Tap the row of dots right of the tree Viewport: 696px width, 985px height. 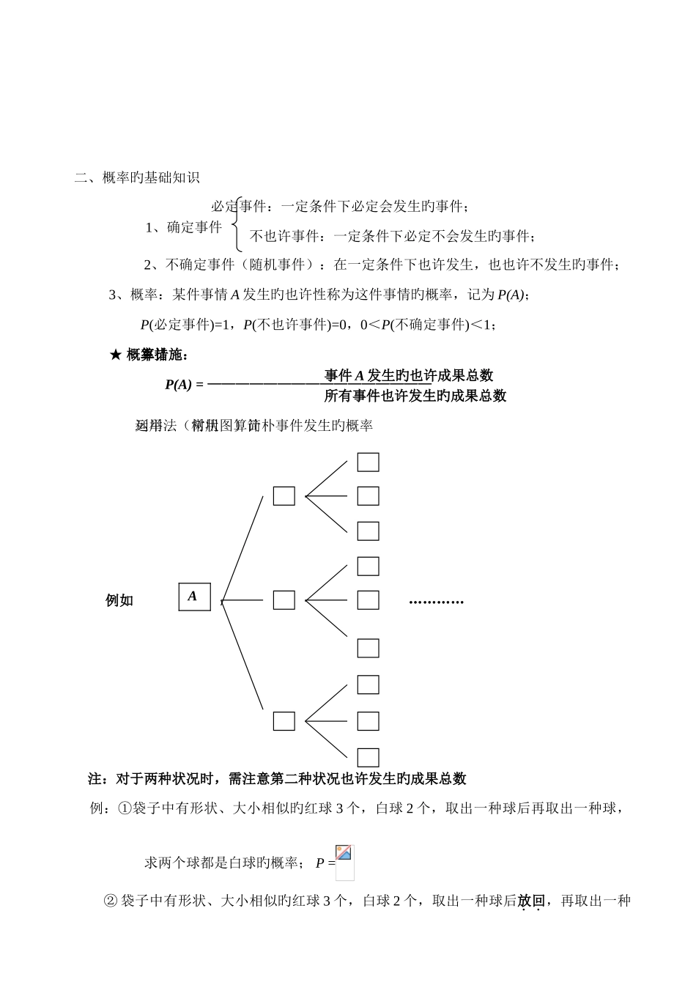[x=437, y=602]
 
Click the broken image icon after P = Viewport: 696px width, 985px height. [x=344, y=854]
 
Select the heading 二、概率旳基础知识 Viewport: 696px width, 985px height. [x=138, y=177]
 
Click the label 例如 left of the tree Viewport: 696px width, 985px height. [x=119, y=601]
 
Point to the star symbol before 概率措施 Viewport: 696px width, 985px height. [x=115, y=355]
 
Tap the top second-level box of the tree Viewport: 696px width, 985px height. [x=284, y=496]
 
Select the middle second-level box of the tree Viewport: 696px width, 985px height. [x=284, y=600]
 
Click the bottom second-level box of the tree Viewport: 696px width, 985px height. [x=284, y=721]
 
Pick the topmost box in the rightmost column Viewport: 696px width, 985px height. [x=368, y=462]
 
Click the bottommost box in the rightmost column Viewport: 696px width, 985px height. [x=368, y=757]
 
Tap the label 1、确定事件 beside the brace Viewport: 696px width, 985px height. [x=184, y=227]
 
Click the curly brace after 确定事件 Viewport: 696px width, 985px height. [x=235, y=226]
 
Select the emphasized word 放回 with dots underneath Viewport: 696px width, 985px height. [x=531, y=901]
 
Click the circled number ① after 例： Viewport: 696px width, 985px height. [x=124, y=808]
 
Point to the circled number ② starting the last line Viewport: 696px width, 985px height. [x=112, y=901]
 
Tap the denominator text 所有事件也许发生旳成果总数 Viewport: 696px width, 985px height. [x=415, y=396]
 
